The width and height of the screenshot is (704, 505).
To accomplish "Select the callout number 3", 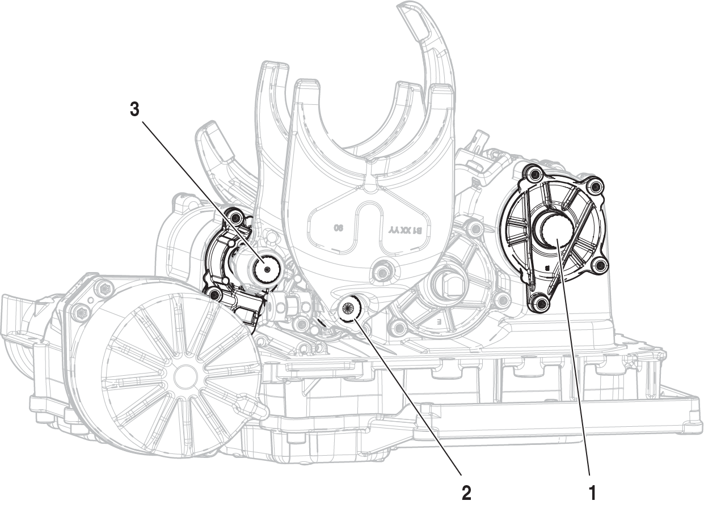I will [134, 109].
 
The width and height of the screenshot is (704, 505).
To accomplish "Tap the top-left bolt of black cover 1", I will [533, 172].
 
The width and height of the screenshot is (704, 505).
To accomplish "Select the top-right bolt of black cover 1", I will [593, 185].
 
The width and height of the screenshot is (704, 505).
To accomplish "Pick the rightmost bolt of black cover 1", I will [601, 264].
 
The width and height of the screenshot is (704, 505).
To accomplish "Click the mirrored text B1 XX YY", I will [405, 231].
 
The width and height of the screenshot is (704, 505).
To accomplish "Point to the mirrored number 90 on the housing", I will [338, 228].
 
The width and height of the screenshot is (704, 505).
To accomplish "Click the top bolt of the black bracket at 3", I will [234, 216].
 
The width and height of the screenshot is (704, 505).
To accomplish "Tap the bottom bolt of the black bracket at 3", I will [214, 294].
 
